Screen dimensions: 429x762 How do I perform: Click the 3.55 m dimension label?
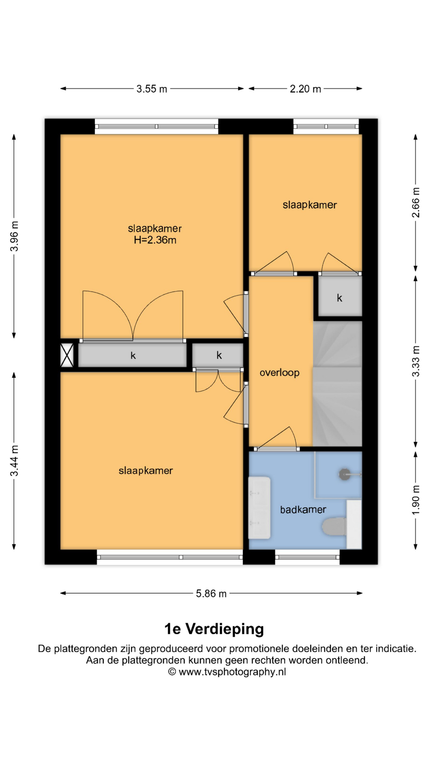152,89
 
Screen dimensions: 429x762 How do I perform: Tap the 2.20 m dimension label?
305,89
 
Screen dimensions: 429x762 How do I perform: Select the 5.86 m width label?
211,594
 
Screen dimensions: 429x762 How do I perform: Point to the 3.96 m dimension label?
15,236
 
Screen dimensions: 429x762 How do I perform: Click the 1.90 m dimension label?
416,500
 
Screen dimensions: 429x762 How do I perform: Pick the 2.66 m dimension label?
416,202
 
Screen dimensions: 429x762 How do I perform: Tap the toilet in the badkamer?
334,526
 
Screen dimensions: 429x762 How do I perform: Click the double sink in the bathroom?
259,508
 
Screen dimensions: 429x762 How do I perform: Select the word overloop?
280,373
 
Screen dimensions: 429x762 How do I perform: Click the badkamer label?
303,510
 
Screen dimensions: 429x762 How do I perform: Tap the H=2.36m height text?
155,240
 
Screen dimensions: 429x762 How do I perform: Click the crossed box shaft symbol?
67,355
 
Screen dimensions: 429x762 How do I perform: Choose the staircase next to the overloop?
338,384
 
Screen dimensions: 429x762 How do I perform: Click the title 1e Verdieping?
214,629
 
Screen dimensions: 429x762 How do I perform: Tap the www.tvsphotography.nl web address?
232,672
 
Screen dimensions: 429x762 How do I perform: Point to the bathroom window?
307,557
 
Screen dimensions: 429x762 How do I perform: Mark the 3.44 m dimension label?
15,461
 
